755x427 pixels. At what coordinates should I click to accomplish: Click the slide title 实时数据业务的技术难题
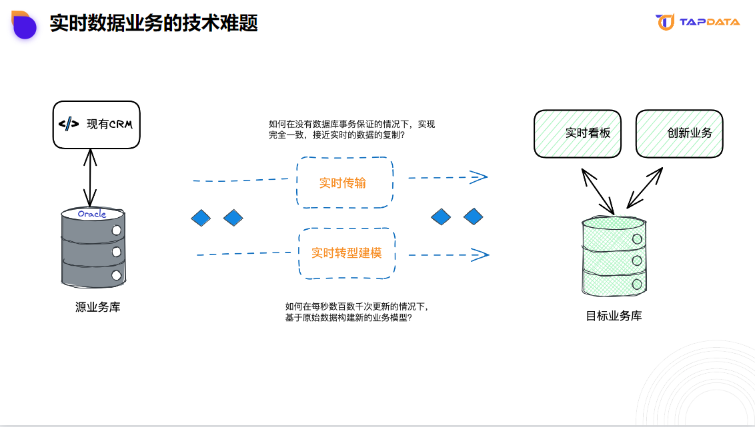coord(153,23)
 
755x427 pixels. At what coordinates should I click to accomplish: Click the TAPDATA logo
coord(698,22)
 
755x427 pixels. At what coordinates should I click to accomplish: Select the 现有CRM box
coord(97,125)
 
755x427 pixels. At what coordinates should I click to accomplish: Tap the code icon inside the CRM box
coord(69,124)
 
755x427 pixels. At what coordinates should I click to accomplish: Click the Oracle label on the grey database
coord(92,214)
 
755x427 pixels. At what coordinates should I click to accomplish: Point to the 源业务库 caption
coord(98,308)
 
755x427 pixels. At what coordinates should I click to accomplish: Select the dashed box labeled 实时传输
coord(344,183)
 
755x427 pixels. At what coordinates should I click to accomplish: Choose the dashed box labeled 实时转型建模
coord(347,253)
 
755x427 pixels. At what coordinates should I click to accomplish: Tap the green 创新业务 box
coord(680,133)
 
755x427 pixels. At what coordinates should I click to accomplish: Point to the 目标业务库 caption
coord(614,316)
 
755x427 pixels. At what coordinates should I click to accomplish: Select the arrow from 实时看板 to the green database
coord(598,191)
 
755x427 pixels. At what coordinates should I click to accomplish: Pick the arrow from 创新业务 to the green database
coord(644,187)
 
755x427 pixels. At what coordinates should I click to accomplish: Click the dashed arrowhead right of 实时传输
coord(478,177)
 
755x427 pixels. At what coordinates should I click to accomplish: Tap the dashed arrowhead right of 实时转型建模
coord(480,254)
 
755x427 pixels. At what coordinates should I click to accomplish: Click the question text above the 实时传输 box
coord(351,129)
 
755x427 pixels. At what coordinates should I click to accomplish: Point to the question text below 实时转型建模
coord(356,312)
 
